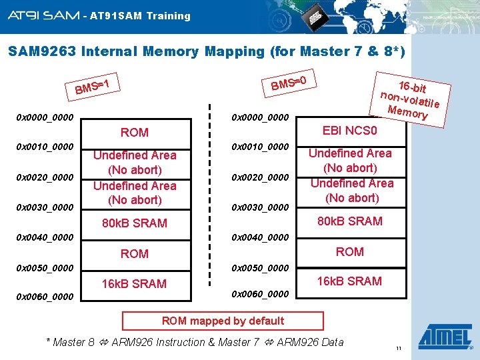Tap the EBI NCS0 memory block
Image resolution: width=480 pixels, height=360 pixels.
point(349,130)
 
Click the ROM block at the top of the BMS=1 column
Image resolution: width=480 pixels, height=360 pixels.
point(134,132)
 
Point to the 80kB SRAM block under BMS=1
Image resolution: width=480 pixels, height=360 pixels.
point(134,223)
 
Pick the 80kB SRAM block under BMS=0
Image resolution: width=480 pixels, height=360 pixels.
point(349,221)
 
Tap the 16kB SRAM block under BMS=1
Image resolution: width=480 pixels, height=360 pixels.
point(134,283)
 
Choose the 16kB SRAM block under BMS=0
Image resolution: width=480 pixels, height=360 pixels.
point(349,281)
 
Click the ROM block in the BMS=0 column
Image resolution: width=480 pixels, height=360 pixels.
point(349,251)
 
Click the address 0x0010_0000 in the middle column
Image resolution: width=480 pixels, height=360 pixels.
point(259,146)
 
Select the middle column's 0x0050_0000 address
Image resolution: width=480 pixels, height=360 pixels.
point(259,267)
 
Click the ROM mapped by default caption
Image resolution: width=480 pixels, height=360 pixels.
point(223,321)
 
